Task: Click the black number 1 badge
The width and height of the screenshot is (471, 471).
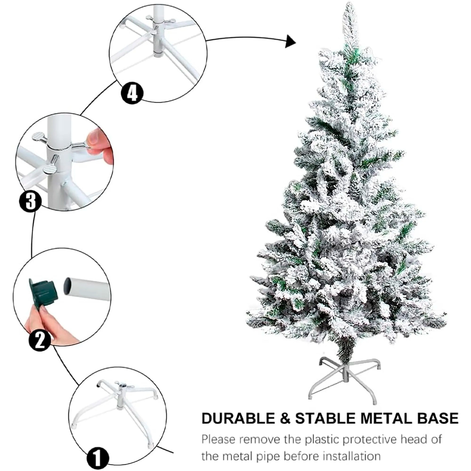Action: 98,457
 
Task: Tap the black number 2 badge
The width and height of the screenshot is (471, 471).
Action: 40,340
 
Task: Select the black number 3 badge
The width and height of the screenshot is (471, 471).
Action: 30,200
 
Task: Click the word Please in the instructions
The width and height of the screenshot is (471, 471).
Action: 218,440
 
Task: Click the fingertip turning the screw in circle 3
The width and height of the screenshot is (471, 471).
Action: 94,138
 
